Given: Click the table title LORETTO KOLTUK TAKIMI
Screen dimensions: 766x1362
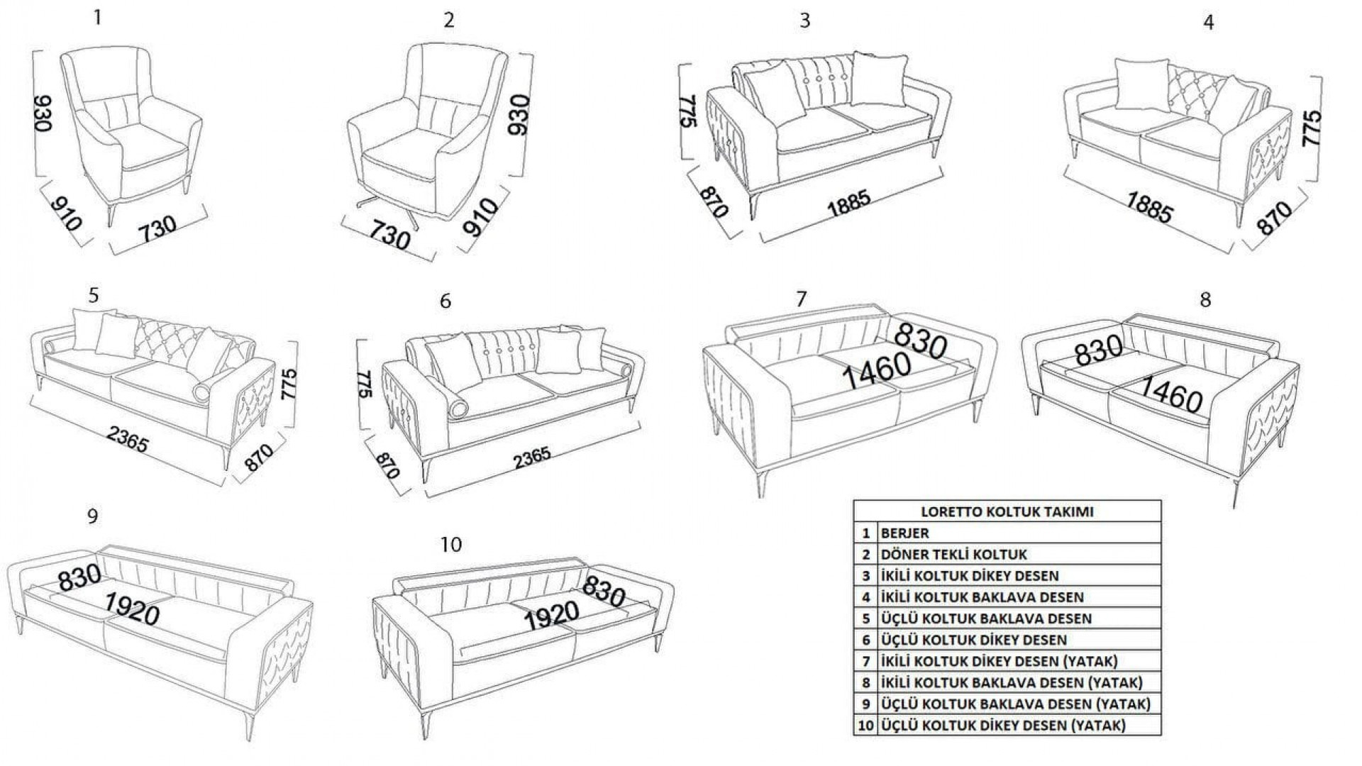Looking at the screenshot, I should [x=1007, y=511].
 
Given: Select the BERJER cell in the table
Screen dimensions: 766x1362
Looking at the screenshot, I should [x=904, y=533].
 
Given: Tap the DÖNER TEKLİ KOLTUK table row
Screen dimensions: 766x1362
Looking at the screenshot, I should [x=953, y=555].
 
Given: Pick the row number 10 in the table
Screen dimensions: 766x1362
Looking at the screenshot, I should [x=865, y=725].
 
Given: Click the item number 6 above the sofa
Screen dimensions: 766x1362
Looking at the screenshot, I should [x=445, y=301].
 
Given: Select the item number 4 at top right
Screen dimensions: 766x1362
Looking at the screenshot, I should [x=1208, y=23].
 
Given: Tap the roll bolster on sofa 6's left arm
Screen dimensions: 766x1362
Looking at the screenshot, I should [x=457, y=409].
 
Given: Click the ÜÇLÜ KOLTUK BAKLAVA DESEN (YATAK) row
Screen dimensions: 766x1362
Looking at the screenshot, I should [x=1014, y=704].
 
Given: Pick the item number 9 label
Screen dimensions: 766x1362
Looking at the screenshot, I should [x=92, y=516].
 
